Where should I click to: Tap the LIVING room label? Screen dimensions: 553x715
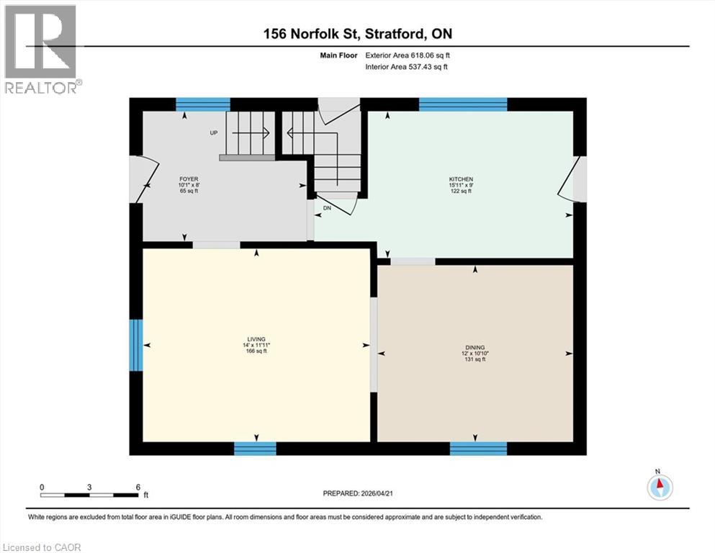256,339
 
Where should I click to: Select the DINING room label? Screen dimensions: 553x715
474,346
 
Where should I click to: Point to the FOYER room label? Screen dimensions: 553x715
189,179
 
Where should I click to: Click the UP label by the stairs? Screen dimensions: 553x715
213,133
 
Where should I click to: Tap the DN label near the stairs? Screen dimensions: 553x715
326,207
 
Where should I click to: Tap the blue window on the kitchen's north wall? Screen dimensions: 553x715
462,104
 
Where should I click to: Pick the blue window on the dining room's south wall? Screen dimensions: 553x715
478,449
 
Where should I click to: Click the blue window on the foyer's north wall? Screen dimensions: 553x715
203,104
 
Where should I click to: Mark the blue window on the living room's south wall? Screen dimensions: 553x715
255,449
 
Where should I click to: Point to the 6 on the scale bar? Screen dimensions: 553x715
137,487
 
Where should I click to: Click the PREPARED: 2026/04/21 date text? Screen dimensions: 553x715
357,493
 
